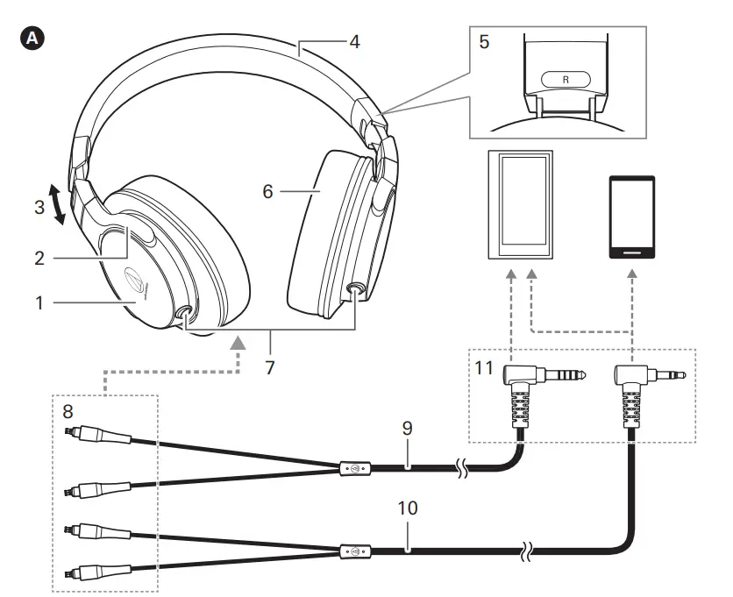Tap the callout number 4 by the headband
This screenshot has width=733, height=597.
click(353, 41)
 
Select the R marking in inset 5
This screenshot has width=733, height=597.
click(565, 79)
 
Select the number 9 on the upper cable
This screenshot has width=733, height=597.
click(407, 429)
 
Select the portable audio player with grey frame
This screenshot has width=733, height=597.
click(521, 205)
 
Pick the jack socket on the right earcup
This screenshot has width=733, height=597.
click(356, 290)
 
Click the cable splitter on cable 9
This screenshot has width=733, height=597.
click(354, 469)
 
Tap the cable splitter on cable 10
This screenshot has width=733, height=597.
click(354, 552)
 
